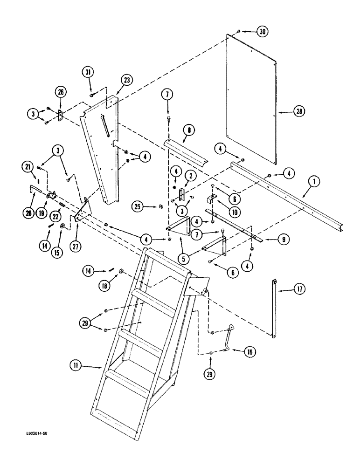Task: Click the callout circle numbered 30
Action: [x=262, y=32]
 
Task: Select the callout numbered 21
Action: [x=28, y=166]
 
